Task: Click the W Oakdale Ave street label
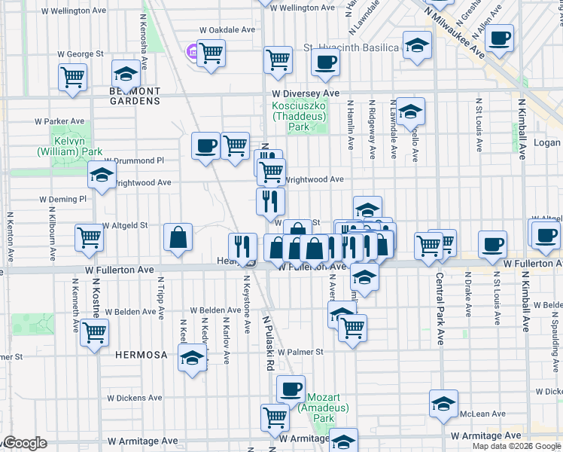tap(227, 29)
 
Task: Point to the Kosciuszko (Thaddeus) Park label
tap(300, 116)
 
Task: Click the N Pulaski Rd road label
tap(267, 343)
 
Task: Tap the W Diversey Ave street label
tap(306, 93)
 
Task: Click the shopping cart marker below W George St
tap(72, 76)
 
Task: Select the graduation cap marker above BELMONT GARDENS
tap(126, 74)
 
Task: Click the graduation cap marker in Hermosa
tap(193, 357)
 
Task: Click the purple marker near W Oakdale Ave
tap(191, 52)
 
